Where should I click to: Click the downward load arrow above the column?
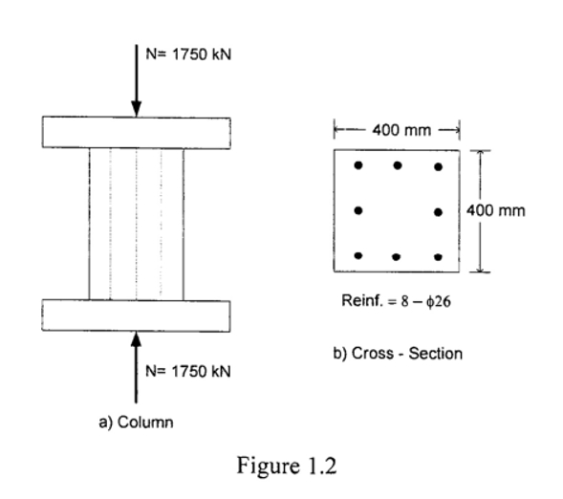pos(137,80)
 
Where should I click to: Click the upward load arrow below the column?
pos(137,367)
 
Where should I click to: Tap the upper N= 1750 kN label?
pos(188,54)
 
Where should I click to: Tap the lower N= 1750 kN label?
pos(188,370)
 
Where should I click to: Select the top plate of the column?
pos(137,133)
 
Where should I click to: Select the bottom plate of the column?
pos(137,315)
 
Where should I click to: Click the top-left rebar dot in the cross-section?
pos(357,165)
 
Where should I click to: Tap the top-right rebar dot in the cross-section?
pos(438,166)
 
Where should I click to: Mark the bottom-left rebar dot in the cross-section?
pos(357,255)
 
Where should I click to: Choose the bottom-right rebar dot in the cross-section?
pos(438,256)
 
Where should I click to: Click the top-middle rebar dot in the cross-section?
pos(397,165)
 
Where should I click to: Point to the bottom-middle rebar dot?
pos(396,257)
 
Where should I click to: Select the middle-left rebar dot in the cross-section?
pos(357,210)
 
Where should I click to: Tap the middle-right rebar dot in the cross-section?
pos(438,211)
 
